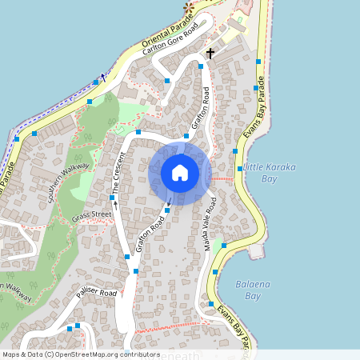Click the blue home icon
pyautogui.click(x=180, y=173)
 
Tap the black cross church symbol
pyautogui.click(x=210, y=54)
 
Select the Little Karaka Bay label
pyautogui.click(x=270, y=171)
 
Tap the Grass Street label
pyautogui.click(x=91, y=217)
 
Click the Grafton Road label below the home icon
pyautogui.click(x=150, y=234)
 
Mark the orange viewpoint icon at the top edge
pyautogui.click(x=189, y=7)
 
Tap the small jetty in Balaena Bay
pyautogui.click(x=256, y=251)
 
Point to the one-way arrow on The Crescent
pyautogui.click(x=115, y=203)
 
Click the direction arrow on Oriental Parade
pyautogui.click(x=102, y=78)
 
